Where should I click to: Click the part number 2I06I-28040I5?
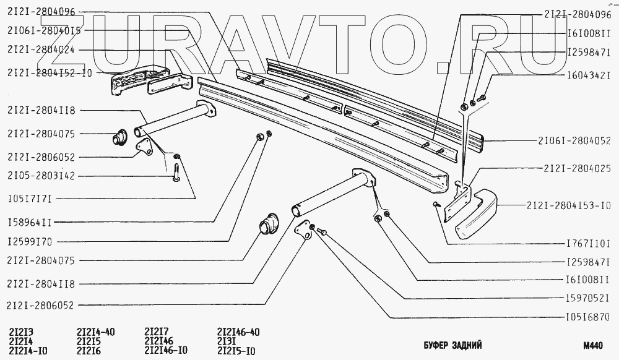[45, 30]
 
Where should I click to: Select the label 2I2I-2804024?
[42, 49]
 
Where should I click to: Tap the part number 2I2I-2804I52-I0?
[50, 72]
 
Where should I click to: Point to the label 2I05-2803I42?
[42, 176]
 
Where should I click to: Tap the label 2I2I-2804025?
[576, 168]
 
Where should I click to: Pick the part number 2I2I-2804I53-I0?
[569, 205]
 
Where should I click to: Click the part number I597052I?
[589, 296]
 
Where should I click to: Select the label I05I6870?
[589, 317]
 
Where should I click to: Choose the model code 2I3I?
[227, 341]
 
